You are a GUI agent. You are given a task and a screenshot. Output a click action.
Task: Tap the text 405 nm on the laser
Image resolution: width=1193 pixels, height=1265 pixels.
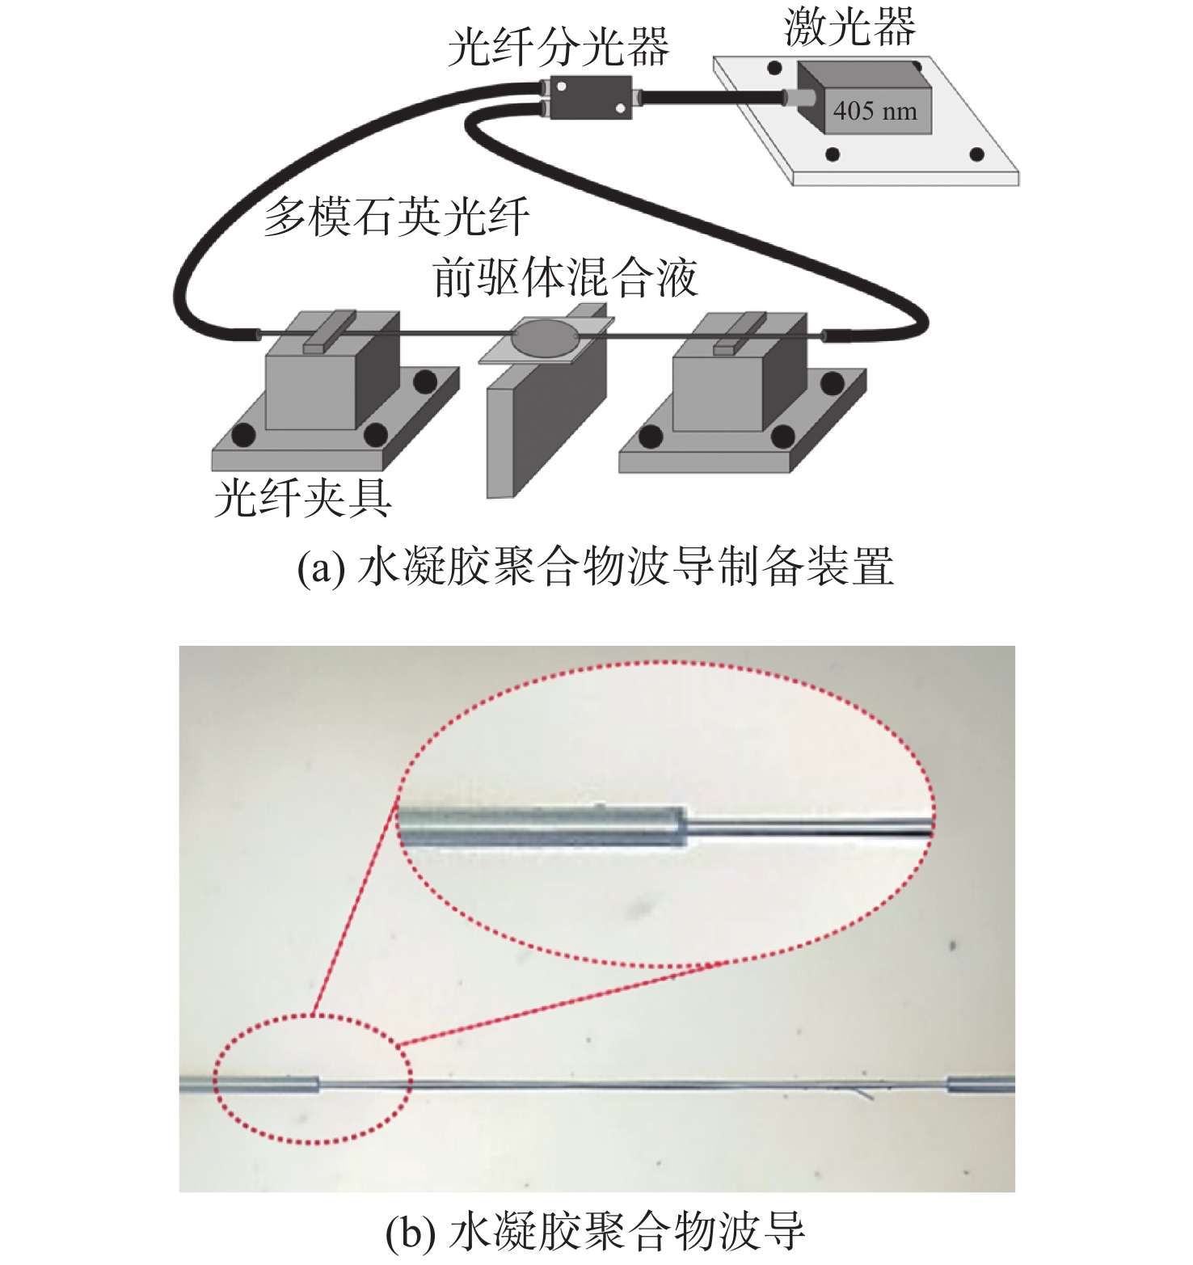point(875,111)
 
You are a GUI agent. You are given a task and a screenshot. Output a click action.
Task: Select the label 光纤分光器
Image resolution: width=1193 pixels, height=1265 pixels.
point(559,46)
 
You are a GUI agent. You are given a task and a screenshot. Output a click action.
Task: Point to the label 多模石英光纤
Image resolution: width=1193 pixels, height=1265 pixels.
point(397,217)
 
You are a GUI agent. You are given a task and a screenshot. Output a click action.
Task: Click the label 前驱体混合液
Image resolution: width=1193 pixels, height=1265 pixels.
point(565,279)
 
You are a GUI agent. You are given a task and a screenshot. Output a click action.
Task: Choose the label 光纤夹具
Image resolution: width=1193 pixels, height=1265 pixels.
point(303,497)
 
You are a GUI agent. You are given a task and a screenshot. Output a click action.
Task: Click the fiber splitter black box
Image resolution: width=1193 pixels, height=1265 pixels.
point(590,97)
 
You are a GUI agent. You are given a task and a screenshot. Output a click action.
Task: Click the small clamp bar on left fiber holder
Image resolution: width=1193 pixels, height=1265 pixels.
point(329,332)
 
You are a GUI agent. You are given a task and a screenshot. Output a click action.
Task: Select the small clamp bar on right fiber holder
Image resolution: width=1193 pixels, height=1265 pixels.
point(740,333)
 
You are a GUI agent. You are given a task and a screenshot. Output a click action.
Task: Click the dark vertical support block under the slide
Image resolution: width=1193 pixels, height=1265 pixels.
point(547,428)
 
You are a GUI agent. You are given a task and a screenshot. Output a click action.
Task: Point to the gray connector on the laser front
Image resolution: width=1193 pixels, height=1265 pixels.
point(800,98)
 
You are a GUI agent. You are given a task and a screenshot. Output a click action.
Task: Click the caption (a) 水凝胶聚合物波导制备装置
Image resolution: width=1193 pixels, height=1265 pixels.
point(596,566)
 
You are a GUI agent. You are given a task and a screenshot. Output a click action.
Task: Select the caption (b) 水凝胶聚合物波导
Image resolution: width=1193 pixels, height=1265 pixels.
point(596,1231)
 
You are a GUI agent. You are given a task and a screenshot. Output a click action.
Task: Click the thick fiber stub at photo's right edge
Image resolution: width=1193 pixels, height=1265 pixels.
point(980,1084)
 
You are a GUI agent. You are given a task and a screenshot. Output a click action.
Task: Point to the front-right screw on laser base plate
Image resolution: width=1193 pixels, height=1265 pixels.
point(977,154)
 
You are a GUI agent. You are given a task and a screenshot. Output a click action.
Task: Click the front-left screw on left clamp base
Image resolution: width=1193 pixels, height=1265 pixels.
point(243,436)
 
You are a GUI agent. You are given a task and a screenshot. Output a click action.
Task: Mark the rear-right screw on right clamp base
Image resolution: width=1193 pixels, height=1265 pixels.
point(833,382)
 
